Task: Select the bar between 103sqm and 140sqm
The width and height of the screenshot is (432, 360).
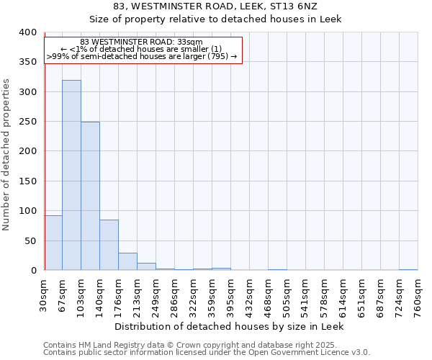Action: click(90, 196)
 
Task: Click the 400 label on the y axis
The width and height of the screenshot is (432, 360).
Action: click(27, 32)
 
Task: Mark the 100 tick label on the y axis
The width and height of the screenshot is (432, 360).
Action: click(27, 211)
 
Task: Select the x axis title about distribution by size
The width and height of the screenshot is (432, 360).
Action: click(230, 326)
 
